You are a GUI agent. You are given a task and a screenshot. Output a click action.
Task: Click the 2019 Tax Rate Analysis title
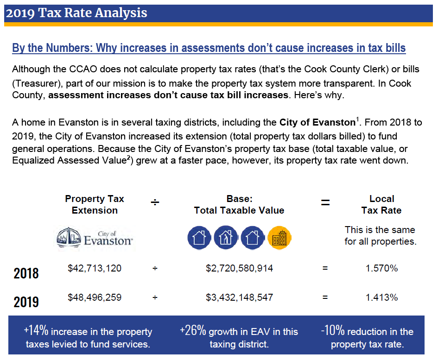[x=76, y=13]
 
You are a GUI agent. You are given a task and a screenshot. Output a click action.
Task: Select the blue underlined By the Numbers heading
[x=209, y=48]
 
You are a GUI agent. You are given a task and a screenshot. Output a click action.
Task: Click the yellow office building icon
[x=279, y=238]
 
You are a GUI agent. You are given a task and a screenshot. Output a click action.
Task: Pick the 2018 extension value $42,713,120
[x=95, y=268]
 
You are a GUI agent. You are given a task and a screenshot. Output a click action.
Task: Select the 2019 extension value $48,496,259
[x=95, y=297]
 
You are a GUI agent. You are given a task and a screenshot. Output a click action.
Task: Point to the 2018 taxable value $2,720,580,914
[x=239, y=268]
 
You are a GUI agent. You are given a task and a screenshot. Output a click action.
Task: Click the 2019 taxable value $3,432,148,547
[x=239, y=297]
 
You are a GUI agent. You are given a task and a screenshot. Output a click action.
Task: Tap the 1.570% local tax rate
[x=381, y=268]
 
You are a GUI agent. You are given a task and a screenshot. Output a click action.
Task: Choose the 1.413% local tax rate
[x=381, y=297]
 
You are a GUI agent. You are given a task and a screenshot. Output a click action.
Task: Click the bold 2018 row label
[x=26, y=273]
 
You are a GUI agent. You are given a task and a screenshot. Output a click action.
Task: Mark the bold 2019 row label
[x=26, y=302]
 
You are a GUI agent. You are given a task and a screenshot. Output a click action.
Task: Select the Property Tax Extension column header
[x=95, y=204]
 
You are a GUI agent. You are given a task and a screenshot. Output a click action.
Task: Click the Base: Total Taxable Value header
[x=239, y=204]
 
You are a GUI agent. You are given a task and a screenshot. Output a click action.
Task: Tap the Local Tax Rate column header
[x=381, y=204]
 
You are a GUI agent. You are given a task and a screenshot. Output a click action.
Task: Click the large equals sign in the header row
[x=326, y=202]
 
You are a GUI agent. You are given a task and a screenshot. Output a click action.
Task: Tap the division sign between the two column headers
[x=155, y=202]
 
